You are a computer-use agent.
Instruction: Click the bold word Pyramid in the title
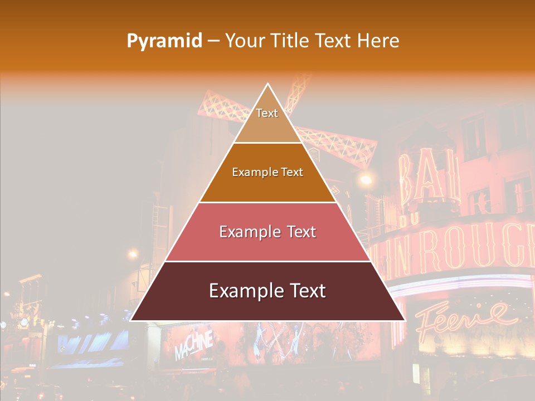pos(164,41)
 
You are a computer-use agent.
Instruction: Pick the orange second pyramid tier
pos(267,173)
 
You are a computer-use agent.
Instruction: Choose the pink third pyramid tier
pos(267,232)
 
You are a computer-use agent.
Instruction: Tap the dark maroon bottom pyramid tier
pos(267,291)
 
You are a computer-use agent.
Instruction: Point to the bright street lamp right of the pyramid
pos(366,179)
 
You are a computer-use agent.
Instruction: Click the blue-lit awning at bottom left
pos(89,348)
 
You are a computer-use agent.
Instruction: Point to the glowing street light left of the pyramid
pos(133,254)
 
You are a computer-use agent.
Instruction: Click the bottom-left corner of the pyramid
pos(131,320)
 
